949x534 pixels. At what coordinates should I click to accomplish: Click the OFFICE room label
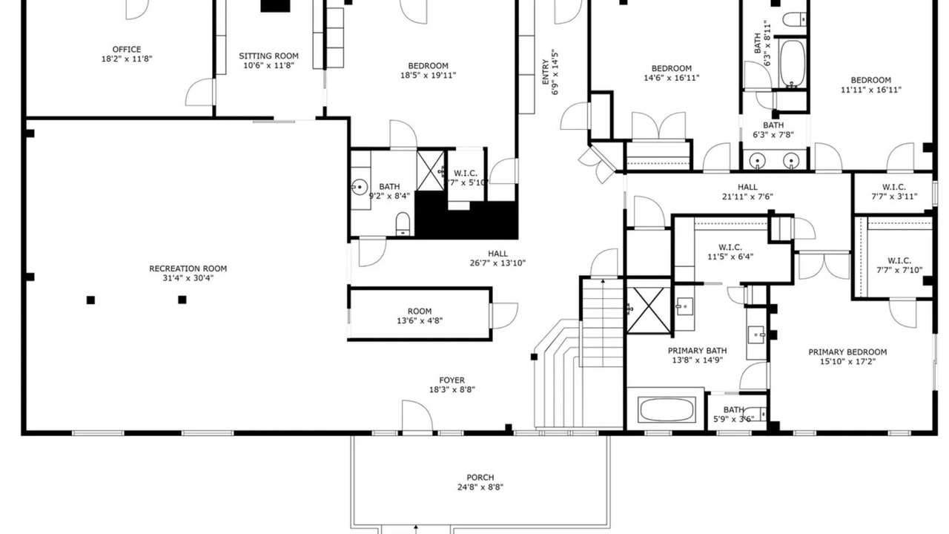tap(127, 50)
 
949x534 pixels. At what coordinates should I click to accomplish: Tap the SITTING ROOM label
tap(268, 56)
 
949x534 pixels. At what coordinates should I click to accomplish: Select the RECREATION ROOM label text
tap(188, 268)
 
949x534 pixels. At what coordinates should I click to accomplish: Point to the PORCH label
tap(480, 478)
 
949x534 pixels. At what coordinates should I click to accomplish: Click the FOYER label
tap(452, 380)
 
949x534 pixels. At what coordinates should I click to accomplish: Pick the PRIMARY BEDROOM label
tap(847, 352)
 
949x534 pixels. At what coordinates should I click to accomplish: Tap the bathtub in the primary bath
tap(667, 410)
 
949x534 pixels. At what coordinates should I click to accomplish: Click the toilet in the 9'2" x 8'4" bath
tap(403, 224)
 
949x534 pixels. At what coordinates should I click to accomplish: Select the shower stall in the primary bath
tap(648, 310)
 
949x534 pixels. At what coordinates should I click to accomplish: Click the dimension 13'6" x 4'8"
tap(420, 321)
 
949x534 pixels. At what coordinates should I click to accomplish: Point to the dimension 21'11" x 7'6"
tap(747, 197)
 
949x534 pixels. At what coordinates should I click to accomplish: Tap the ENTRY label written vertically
tap(546, 72)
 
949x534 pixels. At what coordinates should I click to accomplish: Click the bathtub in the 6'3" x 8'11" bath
tap(792, 64)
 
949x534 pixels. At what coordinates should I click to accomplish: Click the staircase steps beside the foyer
tap(601, 322)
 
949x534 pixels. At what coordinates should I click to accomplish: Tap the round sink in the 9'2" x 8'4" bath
tap(360, 186)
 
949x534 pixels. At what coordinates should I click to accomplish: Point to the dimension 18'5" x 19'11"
tap(428, 76)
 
